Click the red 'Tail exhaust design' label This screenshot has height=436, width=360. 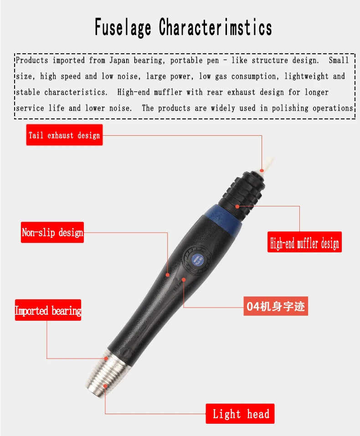click(x=64, y=135)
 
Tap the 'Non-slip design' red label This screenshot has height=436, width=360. click(x=52, y=232)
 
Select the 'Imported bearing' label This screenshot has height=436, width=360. click(x=48, y=310)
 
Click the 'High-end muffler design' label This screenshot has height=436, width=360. click(x=304, y=242)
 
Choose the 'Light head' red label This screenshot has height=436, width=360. click(x=240, y=414)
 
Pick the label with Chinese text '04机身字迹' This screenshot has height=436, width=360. click(x=276, y=306)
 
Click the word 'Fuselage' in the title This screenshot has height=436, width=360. click(x=123, y=27)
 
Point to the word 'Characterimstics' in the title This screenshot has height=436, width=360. click(x=216, y=27)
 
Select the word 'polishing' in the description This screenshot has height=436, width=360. click(x=290, y=108)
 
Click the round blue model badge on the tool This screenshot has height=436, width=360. click(x=197, y=260)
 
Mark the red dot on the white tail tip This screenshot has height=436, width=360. click(x=262, y=170)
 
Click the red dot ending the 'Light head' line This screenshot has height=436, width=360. click(x=105, y=386)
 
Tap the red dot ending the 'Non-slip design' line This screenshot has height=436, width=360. click(x=168, y=275)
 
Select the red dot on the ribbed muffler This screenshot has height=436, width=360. click(x=237, y=206)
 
